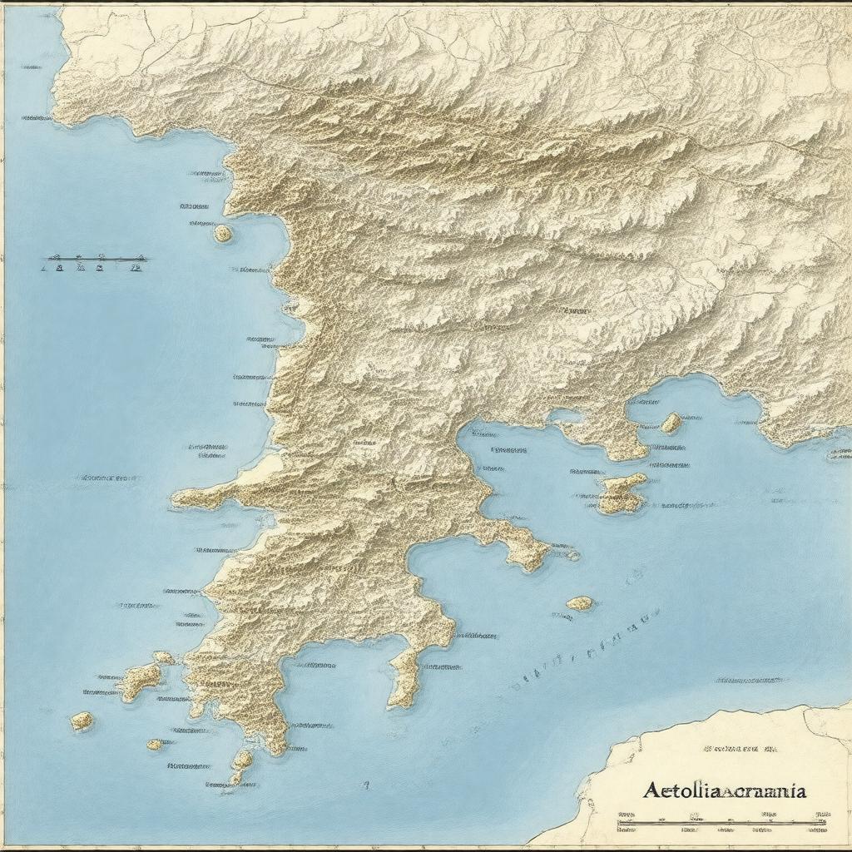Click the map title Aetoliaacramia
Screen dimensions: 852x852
[x=723, y=791]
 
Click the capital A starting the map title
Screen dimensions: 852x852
[x=652, y=791]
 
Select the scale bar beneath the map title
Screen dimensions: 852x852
[x=722, y=824]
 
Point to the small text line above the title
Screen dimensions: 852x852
[x=740, y=749]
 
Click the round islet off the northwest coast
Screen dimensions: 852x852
[x=223, y=234]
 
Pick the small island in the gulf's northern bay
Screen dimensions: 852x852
[x=671, y=423]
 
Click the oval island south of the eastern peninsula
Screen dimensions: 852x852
[x=580, y=602]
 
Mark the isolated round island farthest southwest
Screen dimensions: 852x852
[x=82, y=721]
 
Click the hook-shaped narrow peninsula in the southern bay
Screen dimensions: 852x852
[x=404, y=676]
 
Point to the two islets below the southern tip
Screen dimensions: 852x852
[x=240, y=765]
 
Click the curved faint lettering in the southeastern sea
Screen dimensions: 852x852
[x=582, y=649]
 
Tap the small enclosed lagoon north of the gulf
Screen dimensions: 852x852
[x=566, y=414]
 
